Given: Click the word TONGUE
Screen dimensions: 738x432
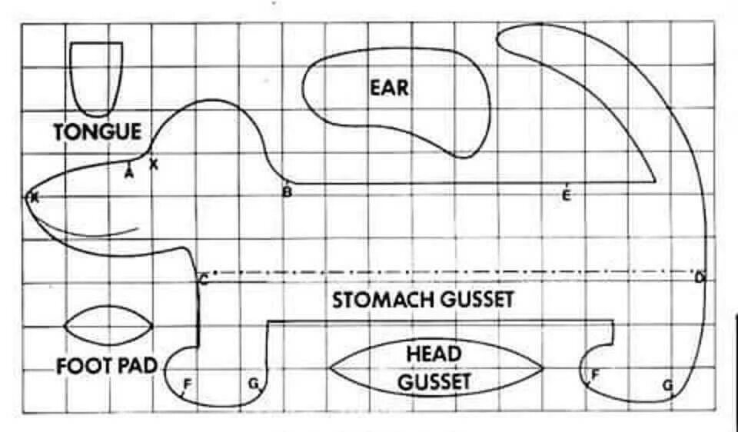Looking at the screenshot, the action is (98, 131).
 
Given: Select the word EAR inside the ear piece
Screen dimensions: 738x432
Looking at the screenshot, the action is (390, 87).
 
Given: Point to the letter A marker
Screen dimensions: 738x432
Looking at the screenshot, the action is (129, 173).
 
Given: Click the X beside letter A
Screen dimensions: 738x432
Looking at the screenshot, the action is (154, 164).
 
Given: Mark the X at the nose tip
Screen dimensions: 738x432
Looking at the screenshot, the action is (33, 198).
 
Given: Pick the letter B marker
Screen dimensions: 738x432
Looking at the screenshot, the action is (287, 192).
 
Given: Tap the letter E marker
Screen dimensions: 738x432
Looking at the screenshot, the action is (566, 195).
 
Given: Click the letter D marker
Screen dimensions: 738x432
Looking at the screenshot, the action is (700, 277).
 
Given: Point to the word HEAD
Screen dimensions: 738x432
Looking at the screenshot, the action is (434, 354).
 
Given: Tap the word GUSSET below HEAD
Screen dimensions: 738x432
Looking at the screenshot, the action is (434, 381).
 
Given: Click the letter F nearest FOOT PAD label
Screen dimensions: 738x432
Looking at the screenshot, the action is (187, 383).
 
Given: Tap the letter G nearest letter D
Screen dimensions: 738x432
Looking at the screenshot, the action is (667, 384).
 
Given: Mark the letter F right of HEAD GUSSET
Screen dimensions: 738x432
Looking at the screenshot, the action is (594, 375).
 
